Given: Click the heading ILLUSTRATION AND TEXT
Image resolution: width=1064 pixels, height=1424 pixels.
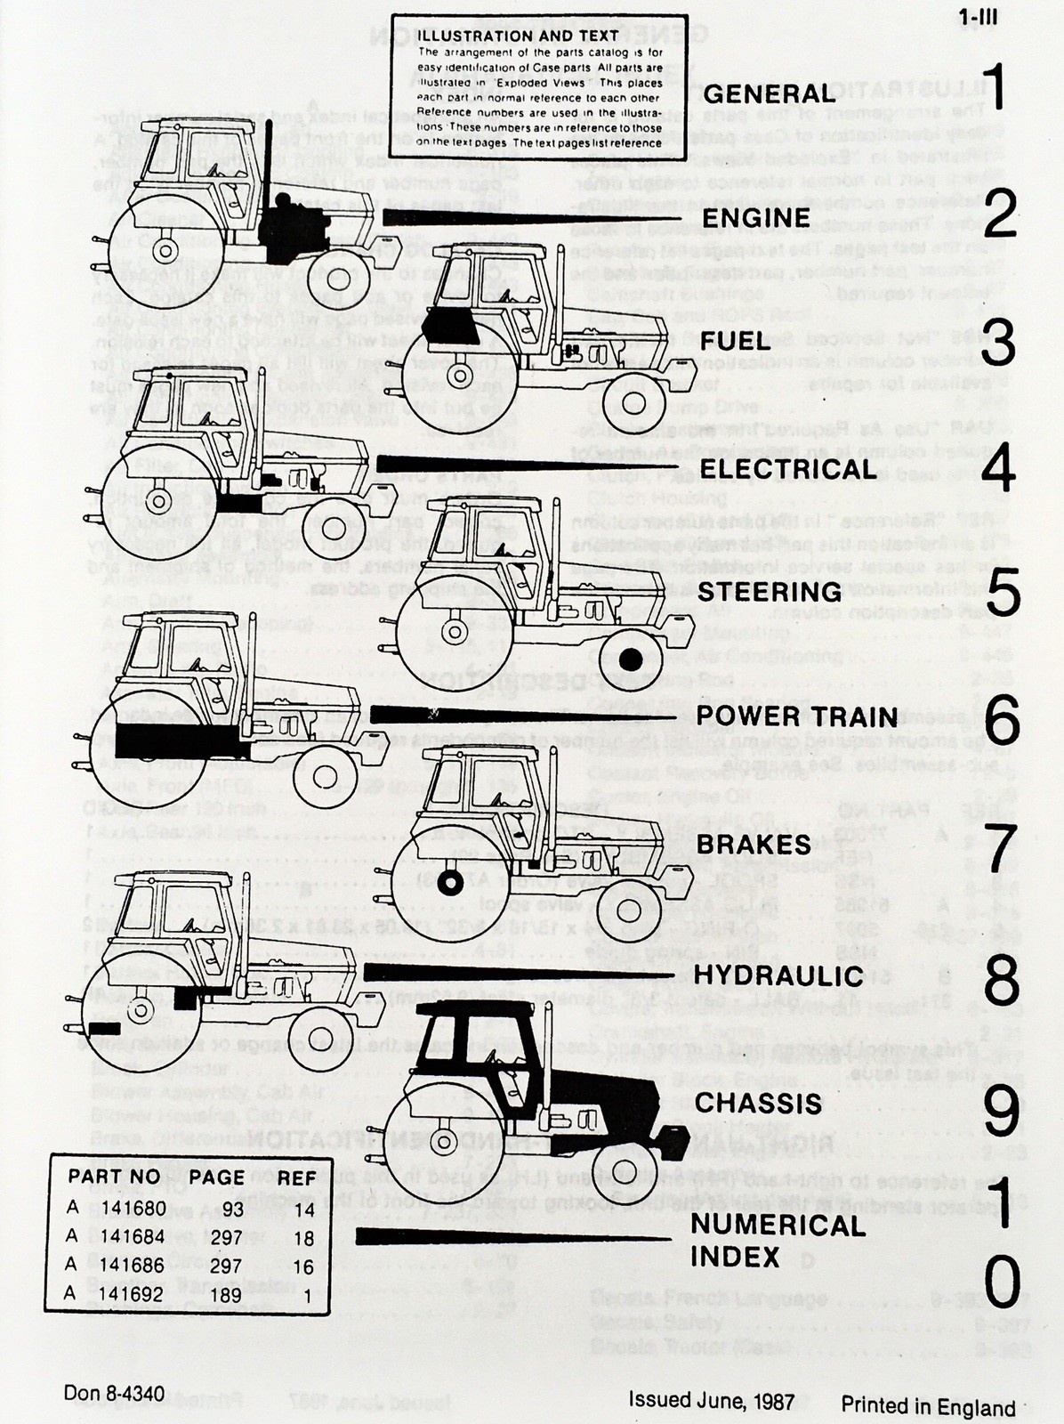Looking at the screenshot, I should point(519,36).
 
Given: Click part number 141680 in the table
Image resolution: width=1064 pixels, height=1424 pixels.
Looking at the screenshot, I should point(133,1209).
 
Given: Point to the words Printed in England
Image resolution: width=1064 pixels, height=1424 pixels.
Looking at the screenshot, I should point(928,1407).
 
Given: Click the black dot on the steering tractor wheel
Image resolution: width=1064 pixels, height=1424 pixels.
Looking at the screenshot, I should point(631,660).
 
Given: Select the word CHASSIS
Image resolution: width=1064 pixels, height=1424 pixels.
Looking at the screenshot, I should point(758,1103).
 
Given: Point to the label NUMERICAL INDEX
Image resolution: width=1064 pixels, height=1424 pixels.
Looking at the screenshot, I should point(778,1241).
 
